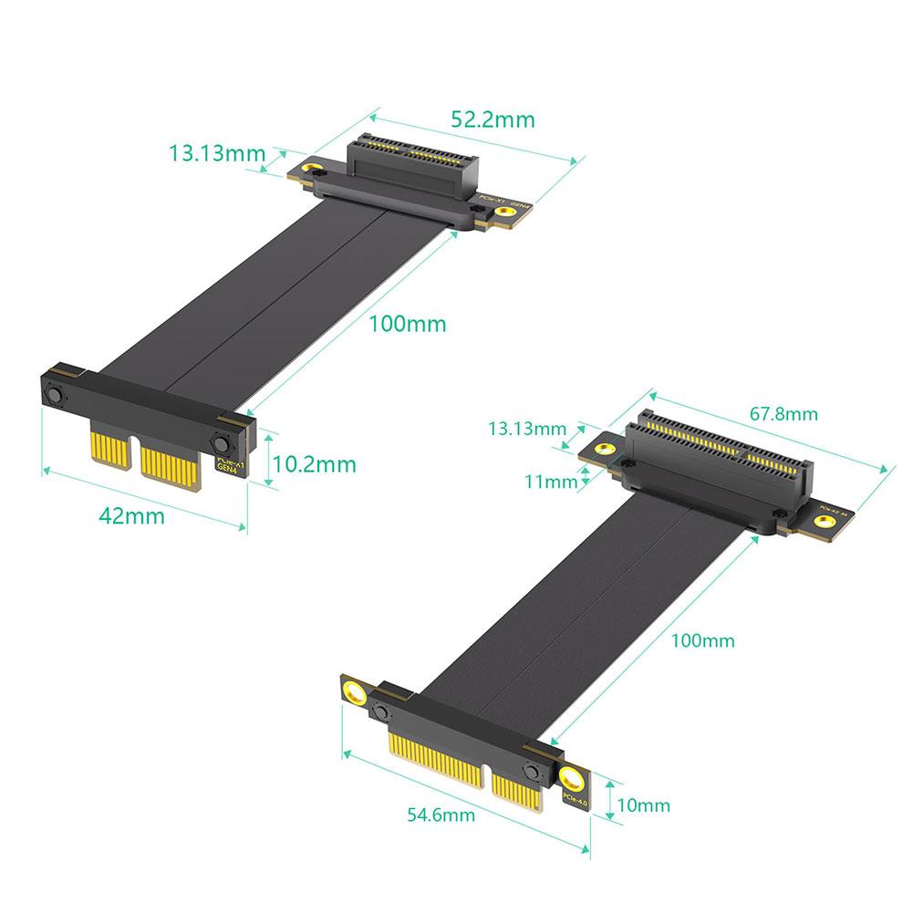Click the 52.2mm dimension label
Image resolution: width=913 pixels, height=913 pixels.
493,119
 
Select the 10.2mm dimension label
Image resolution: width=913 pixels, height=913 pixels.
314,464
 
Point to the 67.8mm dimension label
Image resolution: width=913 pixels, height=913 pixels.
783,414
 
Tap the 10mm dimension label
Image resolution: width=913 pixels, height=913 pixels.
643,804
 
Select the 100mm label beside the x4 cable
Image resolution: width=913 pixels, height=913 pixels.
702,640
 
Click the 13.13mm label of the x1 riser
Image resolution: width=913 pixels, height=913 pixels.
216,152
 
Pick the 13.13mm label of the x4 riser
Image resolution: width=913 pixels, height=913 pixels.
526,428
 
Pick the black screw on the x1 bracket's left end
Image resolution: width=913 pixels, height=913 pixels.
54,396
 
